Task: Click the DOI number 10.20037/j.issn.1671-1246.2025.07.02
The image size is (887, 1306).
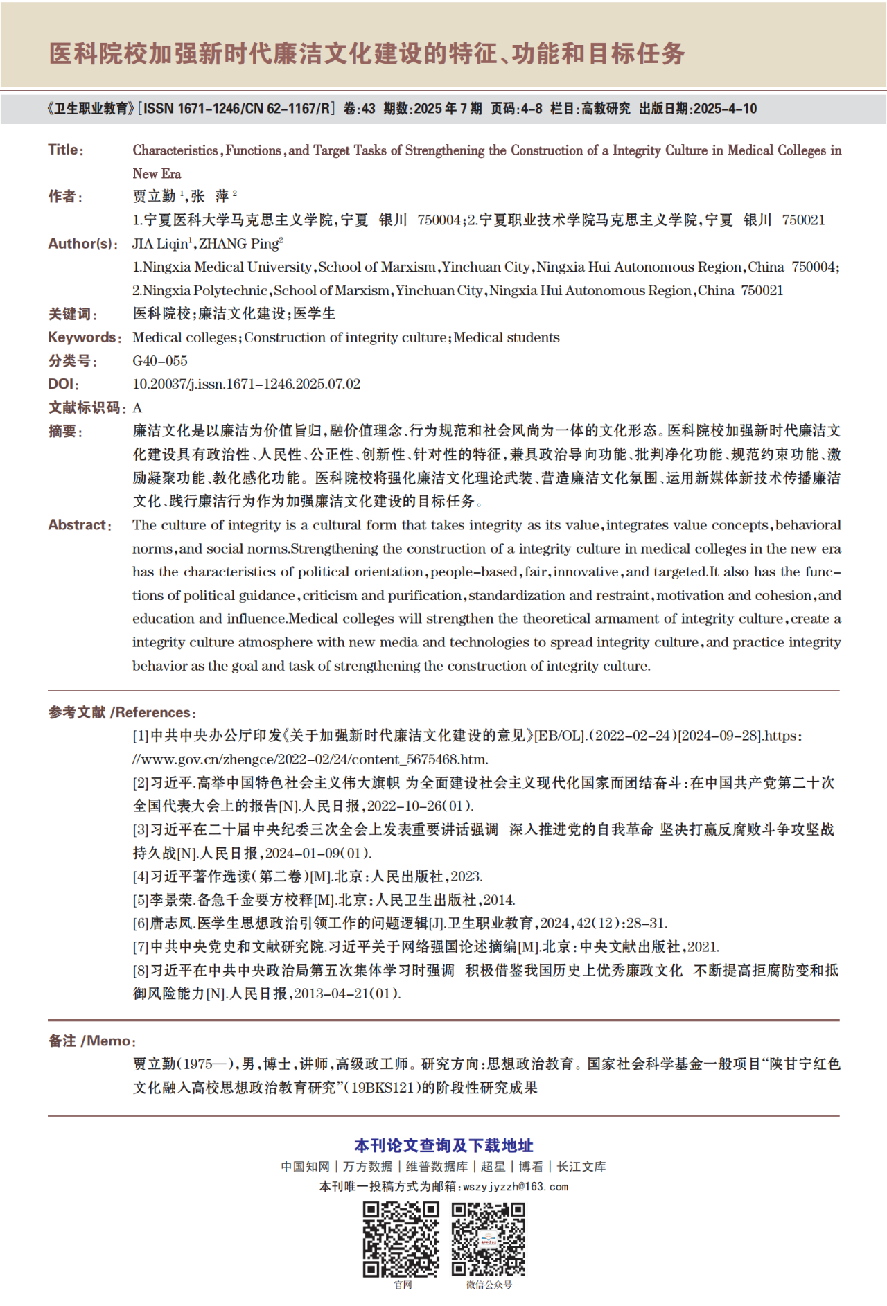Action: pos(246,384)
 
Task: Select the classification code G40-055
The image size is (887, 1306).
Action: pos(160,361)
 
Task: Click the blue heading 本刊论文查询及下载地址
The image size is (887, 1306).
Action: pos(443,1145)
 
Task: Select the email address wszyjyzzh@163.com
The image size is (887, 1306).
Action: pos(516,1186)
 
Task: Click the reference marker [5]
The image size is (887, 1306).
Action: pos(141,900)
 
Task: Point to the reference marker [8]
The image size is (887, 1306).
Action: pos(141,971)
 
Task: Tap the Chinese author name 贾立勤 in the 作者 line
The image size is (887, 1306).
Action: pos(154,197)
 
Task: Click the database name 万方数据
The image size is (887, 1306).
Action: pos(367,1166)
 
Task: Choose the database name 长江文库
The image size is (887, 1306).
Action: pos(581,1166)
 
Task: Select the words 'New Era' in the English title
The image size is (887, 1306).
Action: pos(157,174)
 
